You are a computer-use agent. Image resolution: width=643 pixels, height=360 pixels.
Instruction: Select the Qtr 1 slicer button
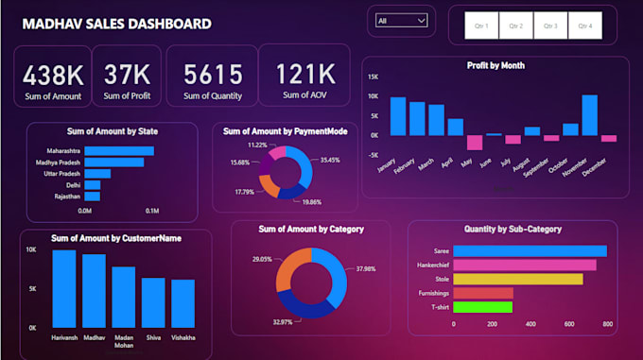click(x=480, y=26)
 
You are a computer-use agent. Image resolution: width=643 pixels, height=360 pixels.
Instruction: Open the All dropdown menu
click(x=401, y=20)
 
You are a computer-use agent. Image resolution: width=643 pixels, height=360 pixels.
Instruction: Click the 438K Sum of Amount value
click(x=53, y=75)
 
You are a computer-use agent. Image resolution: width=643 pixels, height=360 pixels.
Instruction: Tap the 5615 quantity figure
click(x=213, y=75)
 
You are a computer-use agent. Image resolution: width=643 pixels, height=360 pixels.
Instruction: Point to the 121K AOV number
click(x=304, y=75)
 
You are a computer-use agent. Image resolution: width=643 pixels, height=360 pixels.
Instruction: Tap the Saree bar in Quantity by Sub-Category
click(x=530, y=250)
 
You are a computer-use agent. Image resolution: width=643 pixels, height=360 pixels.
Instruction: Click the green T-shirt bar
click(x=482, y=307)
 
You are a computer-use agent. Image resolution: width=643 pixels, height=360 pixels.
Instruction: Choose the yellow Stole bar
click(x=517, y=279)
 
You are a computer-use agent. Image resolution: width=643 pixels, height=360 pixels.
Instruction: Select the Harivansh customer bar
click(x=64, y=288)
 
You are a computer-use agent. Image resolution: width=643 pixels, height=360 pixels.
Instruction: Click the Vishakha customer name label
click(x=182, y=336)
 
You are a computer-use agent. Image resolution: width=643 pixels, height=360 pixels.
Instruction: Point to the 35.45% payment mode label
click(x=330, y=161)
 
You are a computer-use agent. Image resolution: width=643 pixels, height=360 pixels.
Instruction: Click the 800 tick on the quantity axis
click(x=606, y=324)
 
